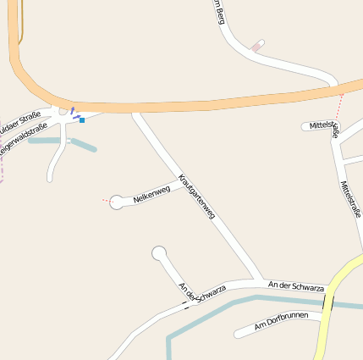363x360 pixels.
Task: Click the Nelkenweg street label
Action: pyautogui.click(x=152, y=194)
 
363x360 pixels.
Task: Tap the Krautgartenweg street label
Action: pyautogui.click(x=196, y=198)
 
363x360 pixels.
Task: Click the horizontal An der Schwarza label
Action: pyautogui.click(x=295, y=286)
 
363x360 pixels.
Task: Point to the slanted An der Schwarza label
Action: pyautogui.click(x=202, y=291)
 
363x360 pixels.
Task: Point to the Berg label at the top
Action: pyautogui.click(x=220, y=10)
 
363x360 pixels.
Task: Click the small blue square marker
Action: pyautogui.click(x=82, y=120)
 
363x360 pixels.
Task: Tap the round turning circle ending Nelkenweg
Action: pyautogui.click(x=117, y=202)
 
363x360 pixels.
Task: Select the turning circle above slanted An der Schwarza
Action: pyautogui.click(x=159, y=252)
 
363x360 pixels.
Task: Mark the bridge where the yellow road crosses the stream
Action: pyautogui.click(x=328, y=303)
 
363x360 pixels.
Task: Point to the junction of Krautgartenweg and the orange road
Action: pyautogui.click(x=135, y=111)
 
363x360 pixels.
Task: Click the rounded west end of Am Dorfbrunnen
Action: pyautogui.click(x=239, y=331)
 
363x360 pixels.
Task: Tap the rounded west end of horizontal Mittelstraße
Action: pyautogui.click(x=305, y=127)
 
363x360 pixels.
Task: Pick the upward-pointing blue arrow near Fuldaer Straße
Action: pyautogui.click(x=72, y=109)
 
